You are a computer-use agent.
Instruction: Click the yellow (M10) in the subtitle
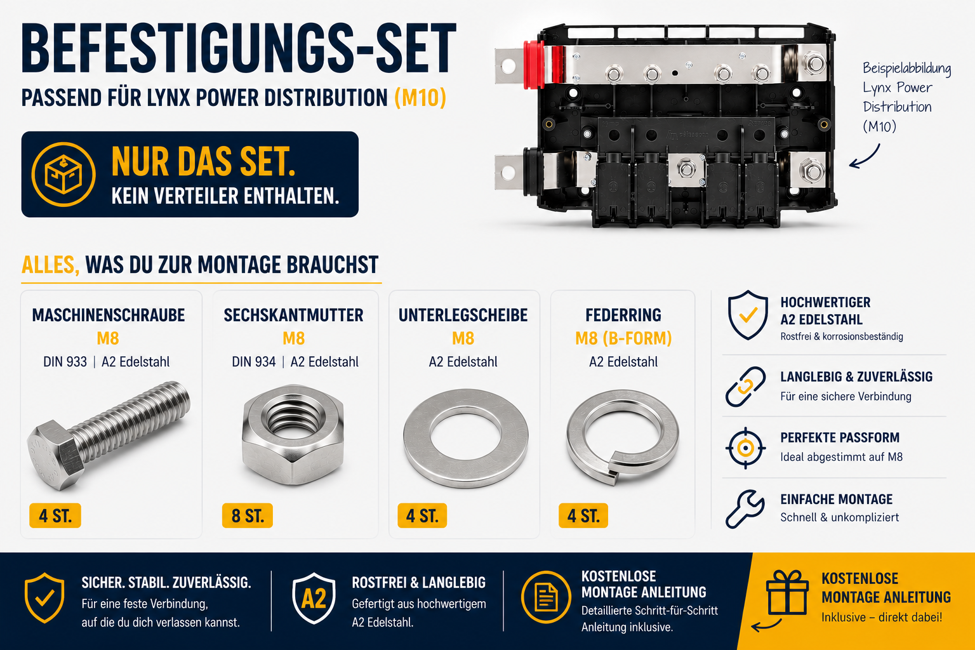(x=420, y=98)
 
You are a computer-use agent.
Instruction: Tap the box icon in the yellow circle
(x=63, y=174)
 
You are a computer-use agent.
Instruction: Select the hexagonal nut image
(x=293, y=434)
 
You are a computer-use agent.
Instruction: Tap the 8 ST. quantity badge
(x=247, y=515)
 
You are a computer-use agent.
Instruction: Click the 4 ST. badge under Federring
(x=583, y=515)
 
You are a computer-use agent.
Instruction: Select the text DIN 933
(x=65, y=362)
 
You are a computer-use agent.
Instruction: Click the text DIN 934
(x=254, y=362)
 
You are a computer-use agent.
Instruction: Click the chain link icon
(x=745, y=387)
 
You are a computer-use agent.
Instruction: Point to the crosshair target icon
(x=746, y=448)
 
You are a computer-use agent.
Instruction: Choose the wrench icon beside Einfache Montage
(x=745, y=509)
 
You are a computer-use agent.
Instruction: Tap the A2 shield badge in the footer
(x=314, y=599)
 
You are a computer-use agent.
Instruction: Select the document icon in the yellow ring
(x=546, y=597)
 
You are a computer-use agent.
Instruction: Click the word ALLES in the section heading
(x=51, y=265)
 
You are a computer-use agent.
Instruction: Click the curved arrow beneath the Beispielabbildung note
(x=865, y=157)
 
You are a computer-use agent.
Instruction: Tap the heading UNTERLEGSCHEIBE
(x=463, y=315)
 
